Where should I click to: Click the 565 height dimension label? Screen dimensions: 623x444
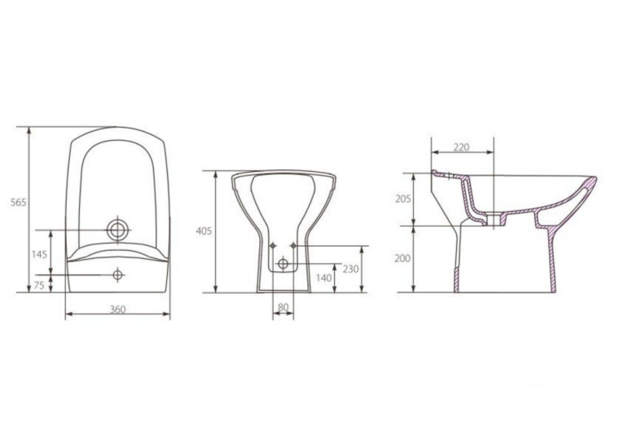coord(18,202)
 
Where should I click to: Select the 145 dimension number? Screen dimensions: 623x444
coord(40,254)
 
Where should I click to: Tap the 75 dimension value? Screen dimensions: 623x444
coord(39,285)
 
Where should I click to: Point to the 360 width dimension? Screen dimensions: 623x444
coord(117,310)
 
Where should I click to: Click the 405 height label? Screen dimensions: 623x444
coord(204,231)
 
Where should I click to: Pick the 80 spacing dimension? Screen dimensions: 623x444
coord(283,307)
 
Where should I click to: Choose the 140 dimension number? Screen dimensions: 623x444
coord(324,278)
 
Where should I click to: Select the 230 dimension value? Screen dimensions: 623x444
coord(351,269)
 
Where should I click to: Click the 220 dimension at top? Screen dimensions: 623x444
coord(461,147)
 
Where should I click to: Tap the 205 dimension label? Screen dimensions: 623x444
coord(403,199)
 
